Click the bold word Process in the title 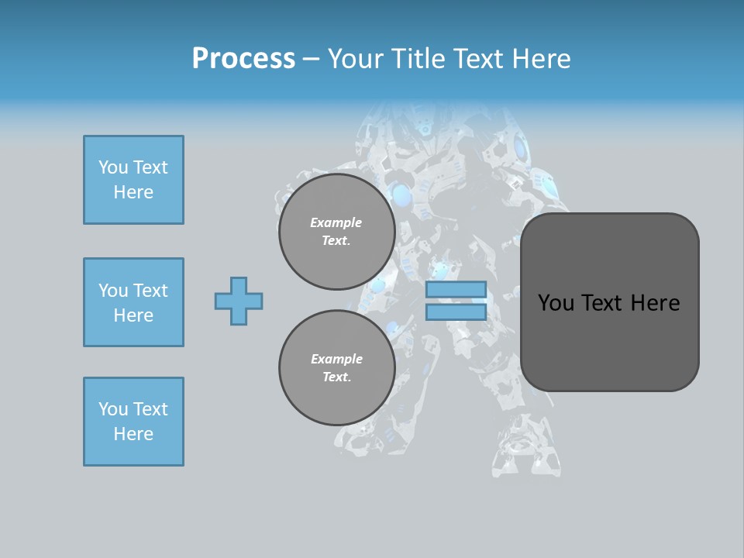[243, 59]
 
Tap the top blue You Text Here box [133, 180]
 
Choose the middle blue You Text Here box [133, 302]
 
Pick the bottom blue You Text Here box [133, 422]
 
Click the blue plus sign [239, 301]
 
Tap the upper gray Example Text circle [336, 232]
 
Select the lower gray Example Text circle [336, 368]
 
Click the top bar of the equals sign [456, 290]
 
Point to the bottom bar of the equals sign [456, 312]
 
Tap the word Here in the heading [540, 59]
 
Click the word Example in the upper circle [336, 222]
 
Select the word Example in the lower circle [336, 359]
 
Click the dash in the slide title [312, 59]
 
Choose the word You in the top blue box [112, 167]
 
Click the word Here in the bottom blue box [133, 434]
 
